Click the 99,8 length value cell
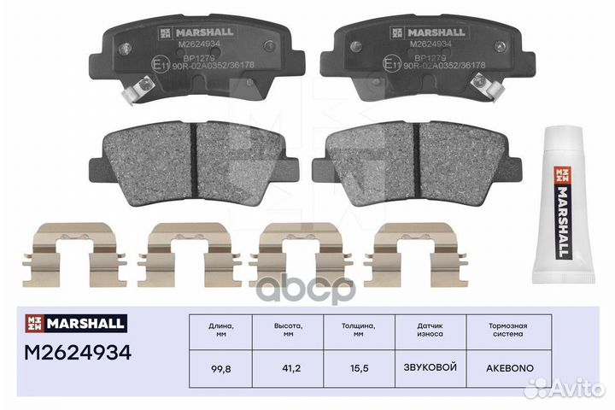tap(221, 368)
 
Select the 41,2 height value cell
tap(290, 368)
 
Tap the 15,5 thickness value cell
tap(359, 368)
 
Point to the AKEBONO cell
tap(501, 368)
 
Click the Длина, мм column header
tap(221, 331)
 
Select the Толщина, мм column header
tap(359, 331)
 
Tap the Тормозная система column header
tap(501, 331)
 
